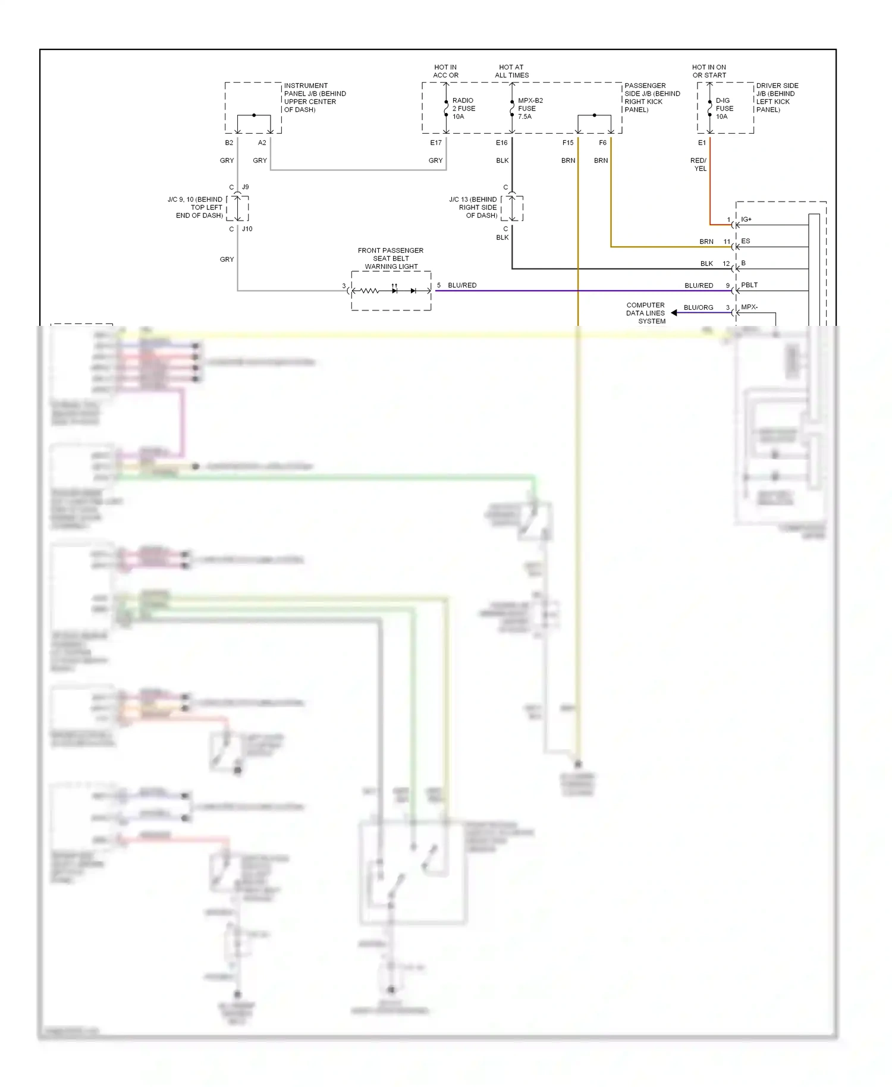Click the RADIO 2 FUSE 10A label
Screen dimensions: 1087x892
tap(463, 108)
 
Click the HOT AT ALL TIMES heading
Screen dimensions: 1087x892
tap(511, 71)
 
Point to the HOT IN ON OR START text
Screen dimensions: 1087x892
tap(709, 71)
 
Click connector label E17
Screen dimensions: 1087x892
tap(436, 143)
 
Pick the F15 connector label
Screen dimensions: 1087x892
tap(568, 143)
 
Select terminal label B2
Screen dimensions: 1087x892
tap(229, 143)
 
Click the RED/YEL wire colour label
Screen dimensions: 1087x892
tap(699, 165)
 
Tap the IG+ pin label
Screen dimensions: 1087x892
tap(746, 219)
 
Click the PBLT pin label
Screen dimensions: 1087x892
tap(749, 285)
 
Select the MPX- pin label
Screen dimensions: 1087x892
tap(749, 307)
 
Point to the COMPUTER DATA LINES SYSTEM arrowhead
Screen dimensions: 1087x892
tap(674, 313)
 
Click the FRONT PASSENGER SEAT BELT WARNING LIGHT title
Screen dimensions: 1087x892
tap(391, 258)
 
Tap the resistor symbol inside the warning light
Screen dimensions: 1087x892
tap(369, 291)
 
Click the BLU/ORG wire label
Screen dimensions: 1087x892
tap(698, 307)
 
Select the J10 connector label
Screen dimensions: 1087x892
tap(247, 229)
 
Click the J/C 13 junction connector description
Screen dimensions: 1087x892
tap(473, 208)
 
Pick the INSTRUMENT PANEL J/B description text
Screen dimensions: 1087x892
tap(315, 98)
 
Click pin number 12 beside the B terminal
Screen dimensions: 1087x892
tap(726, 263)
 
